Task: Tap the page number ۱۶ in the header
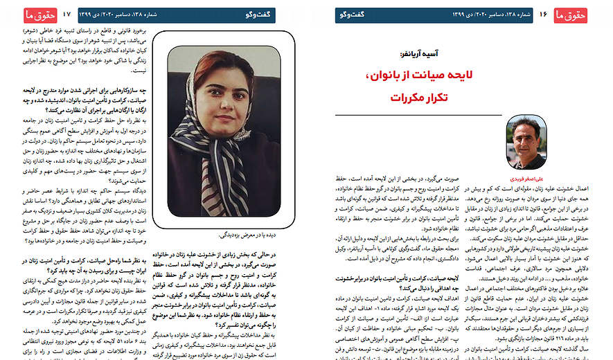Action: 543,14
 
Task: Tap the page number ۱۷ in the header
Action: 67,14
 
